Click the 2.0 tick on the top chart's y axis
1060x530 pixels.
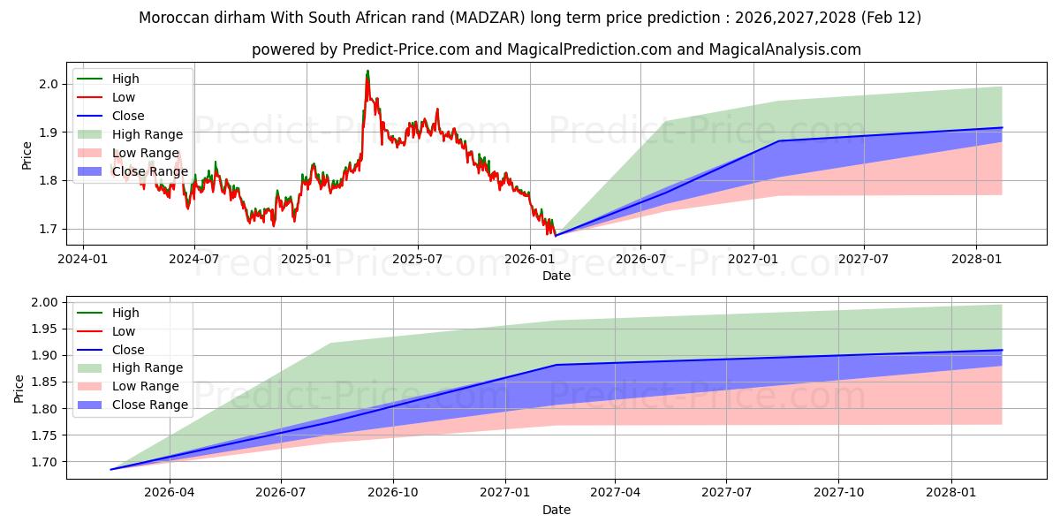[48, 84]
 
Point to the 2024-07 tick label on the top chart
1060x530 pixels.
[193, 259]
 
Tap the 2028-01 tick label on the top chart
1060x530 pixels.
[976, 259]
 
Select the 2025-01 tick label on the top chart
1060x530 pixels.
[306, 259]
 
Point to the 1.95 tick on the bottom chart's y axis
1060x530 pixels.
[44, 329]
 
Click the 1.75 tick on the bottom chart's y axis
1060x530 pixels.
[44, 435]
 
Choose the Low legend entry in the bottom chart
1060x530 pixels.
[124, 331]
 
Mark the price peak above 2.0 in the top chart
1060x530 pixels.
[367, 72]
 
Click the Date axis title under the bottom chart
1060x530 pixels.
[556, 510]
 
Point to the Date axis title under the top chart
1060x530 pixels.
[556, 276]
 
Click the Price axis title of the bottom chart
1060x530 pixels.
[19, 388]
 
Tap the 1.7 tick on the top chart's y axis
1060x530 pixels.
[48, 229]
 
